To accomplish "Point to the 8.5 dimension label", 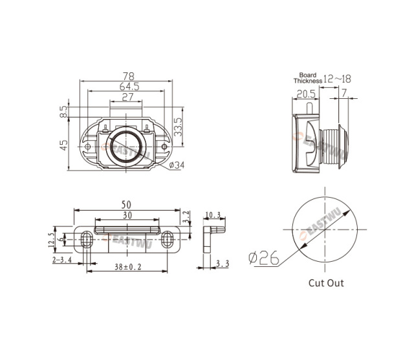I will click(x=63, y=112).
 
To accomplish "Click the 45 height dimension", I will click(x=63, y=145).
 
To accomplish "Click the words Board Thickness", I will click(x=307, y=78).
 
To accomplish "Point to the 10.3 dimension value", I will click(x=213, y=215).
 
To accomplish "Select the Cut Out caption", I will click(x=326, y=282).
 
